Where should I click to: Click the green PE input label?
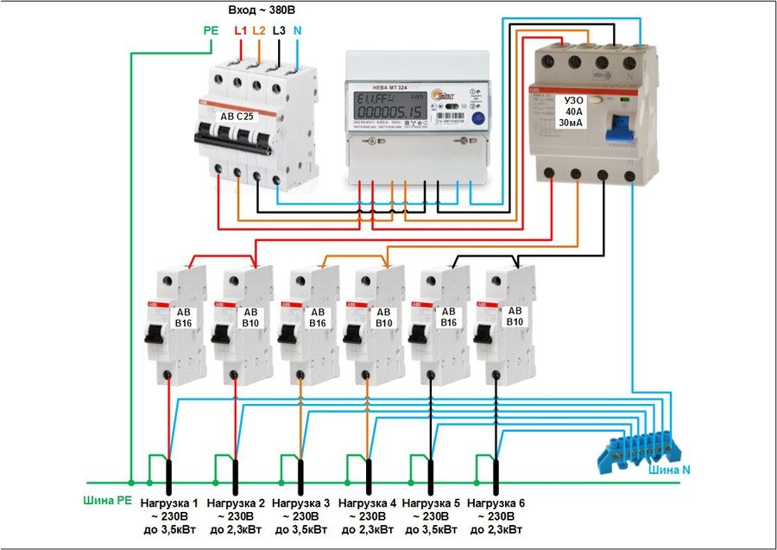pos(210,30)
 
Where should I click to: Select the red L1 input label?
pos(240,30)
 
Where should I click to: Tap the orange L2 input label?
pos(258,30)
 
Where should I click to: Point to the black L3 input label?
pos(278,30)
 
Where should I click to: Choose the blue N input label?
pos(297,30)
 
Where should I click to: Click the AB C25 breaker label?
pos(239,115)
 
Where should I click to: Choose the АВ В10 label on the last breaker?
pos(515,317)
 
